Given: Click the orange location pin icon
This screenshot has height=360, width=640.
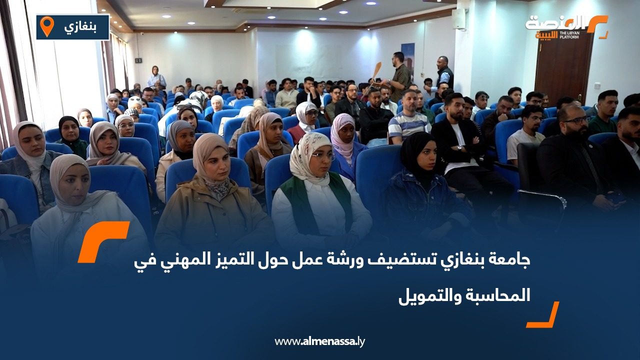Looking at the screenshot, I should (47, 26).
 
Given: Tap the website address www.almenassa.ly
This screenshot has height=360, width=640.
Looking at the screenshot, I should (319, 341).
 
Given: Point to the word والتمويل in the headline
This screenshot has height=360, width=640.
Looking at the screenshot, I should (429, 295).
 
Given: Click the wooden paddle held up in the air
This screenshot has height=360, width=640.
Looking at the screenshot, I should (376, 71).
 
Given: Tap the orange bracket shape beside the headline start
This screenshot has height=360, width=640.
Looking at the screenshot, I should (102, 241).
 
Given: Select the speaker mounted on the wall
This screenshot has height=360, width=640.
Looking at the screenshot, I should (458, 19).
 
